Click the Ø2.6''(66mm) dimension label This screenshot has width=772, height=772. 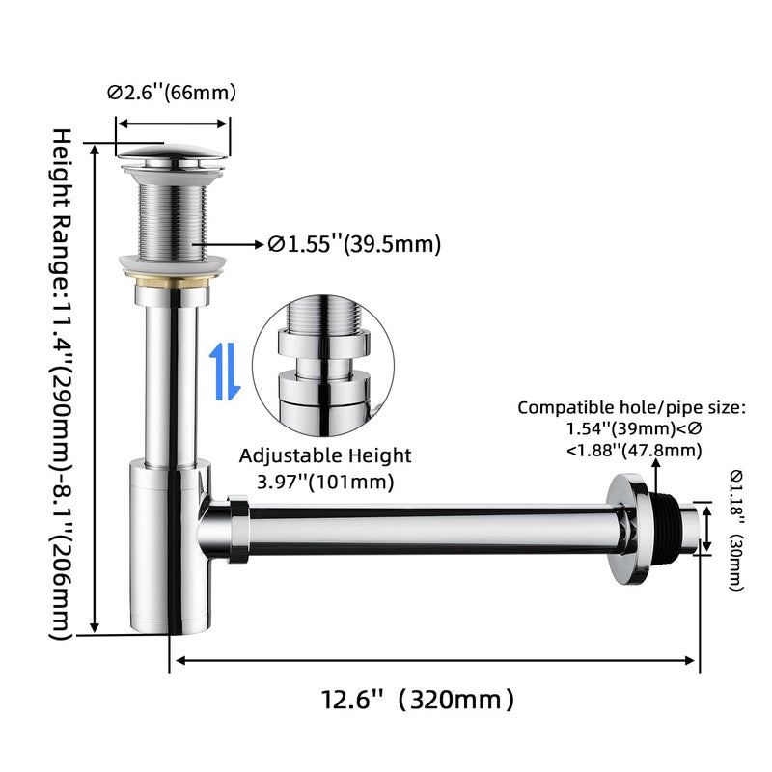pos(172,92)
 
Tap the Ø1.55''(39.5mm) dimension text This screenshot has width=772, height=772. pos(354,244)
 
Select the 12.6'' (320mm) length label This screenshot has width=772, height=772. pos(418,699)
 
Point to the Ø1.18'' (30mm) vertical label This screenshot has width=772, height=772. pos(736,530)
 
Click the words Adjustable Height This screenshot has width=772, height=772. pos(325,455)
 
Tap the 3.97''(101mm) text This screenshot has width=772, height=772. pos(325,482)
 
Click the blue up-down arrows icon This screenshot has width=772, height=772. pos(225,372)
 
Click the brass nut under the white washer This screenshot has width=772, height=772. pos(172,282)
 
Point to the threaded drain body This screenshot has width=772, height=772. pos(173,222)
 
